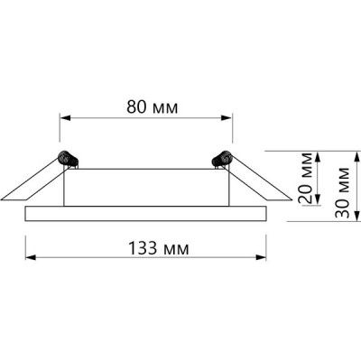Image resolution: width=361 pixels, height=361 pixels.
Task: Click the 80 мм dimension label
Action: (x=152, y=106)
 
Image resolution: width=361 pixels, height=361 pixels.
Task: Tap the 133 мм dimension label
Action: (x=159, y=248)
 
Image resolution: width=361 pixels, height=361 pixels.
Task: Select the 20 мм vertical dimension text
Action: (x=306, y=178)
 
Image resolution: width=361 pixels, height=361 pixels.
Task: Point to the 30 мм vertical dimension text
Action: (x=342, y=192)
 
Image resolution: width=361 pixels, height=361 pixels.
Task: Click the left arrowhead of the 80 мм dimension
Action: (x=65, y=117)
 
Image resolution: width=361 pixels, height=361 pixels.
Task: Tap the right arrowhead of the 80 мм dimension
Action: (x=227, y=117)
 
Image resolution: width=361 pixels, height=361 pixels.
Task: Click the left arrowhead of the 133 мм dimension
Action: (x=31, y=257)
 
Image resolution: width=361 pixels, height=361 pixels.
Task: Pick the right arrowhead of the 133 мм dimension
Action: (x=261, y=257)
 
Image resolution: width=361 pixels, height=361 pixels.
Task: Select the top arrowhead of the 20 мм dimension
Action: (x=319, y=157)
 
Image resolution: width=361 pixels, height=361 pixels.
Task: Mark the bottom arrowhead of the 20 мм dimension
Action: (x=319, y=199)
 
